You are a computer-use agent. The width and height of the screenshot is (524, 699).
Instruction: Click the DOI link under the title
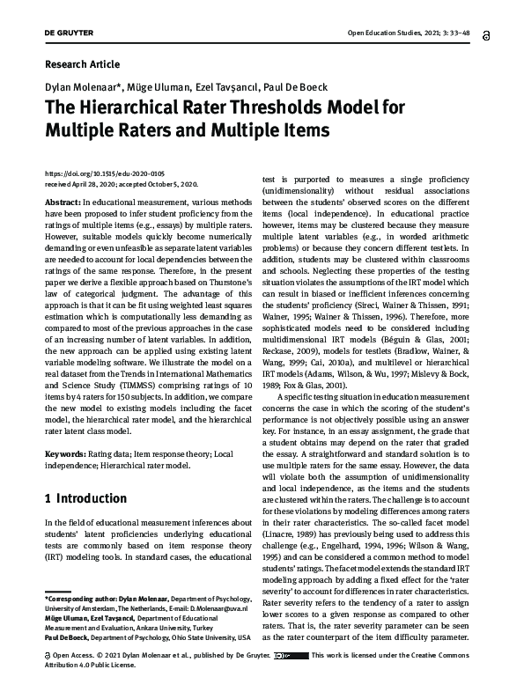pyautogui.click(x=102, y=175)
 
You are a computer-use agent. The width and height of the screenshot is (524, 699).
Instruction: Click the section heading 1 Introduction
pyautogui.click(x=85, y=498)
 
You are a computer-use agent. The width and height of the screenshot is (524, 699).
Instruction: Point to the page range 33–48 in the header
pyautogui.click(x=457, y=34)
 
